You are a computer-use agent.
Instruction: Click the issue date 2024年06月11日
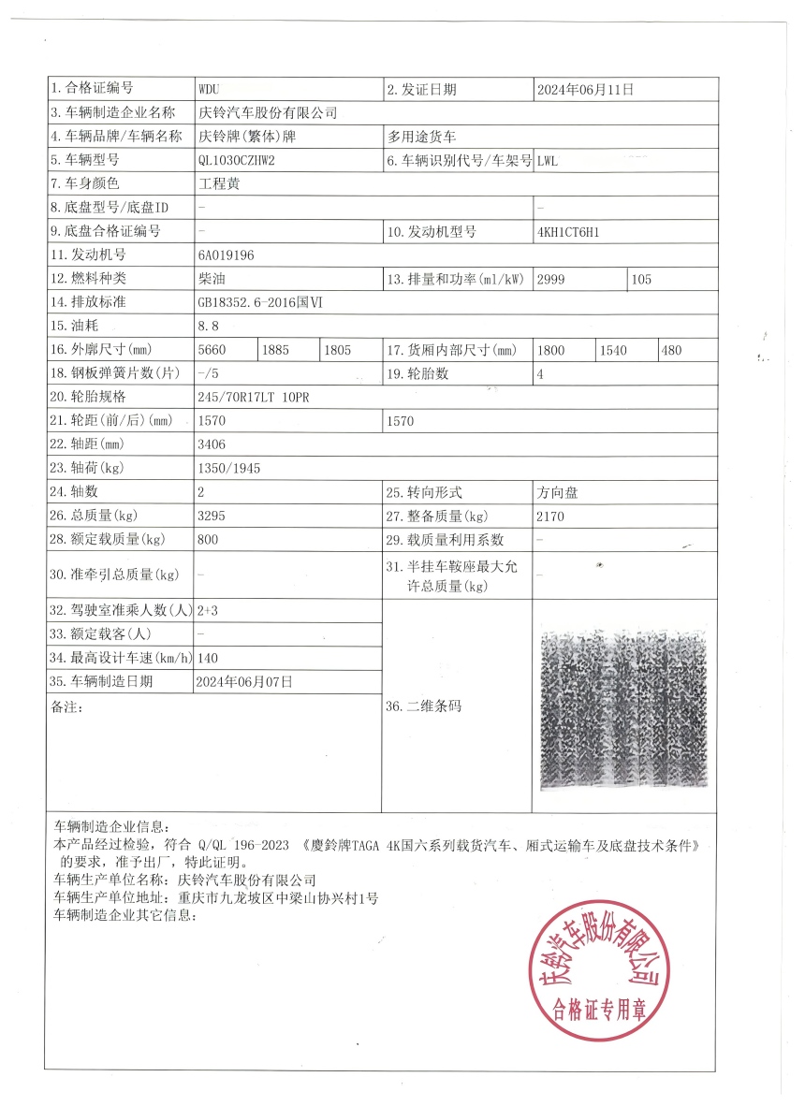coord(585,90)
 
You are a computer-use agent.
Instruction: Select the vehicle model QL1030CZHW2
coord(237,160)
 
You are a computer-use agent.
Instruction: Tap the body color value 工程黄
coord(219,184)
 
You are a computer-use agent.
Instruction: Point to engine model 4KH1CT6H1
coord(568,231)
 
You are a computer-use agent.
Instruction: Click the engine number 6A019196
coord(226,255)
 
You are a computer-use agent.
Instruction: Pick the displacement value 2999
coord(552,279)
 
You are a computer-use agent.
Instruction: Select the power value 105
coord(641,279)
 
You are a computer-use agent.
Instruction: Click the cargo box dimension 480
coord(671,350)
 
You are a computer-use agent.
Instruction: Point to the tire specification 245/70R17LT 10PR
coord(254,397)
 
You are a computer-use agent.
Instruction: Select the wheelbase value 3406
coord(212,444)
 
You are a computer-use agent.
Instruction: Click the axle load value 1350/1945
coord(229,468)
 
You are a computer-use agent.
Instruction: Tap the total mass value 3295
coord(212,516)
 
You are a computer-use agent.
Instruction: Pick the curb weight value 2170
coord(550,516)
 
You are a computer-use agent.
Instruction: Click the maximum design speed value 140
coord(208,658)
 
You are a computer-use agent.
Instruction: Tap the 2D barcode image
coord(623,707)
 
